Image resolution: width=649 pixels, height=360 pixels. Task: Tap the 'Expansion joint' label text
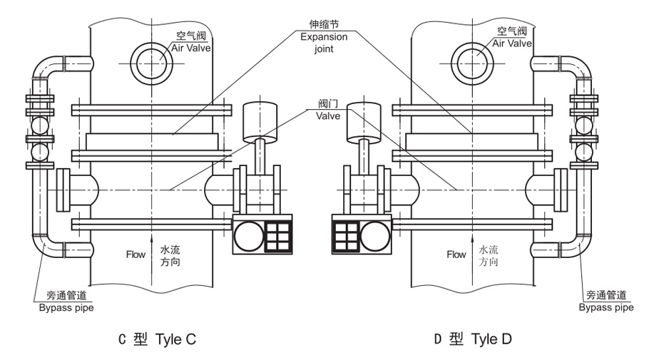pos(324,43)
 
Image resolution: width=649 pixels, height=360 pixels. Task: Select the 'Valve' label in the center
pos(328,116)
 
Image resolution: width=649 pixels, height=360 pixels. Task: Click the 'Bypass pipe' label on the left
pos(66,308)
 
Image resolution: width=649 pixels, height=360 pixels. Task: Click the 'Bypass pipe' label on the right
pos(606,308)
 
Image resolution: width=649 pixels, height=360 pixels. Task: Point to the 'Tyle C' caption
pos(175,339)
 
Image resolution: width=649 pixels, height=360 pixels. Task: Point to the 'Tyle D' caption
pos(491,339)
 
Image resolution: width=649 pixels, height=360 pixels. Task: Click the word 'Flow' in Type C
pos(136,254)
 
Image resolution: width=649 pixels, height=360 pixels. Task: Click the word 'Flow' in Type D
pos(456,254)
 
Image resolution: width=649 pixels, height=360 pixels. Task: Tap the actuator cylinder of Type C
pos(260,122)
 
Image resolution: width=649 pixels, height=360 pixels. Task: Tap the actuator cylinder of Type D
pos(364,122)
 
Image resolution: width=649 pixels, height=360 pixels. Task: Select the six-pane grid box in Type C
pos(277,236)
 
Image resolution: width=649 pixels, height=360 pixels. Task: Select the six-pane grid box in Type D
pos(346,236)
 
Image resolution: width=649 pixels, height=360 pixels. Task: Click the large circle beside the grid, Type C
pos(249,236)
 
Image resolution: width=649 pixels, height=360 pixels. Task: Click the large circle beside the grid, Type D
pos(375,236)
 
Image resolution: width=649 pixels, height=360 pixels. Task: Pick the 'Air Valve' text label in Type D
pos(512,43)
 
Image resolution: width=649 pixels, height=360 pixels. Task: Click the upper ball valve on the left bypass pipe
pos(40,125)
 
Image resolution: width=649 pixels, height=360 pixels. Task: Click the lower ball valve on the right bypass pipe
pos(584,152)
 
